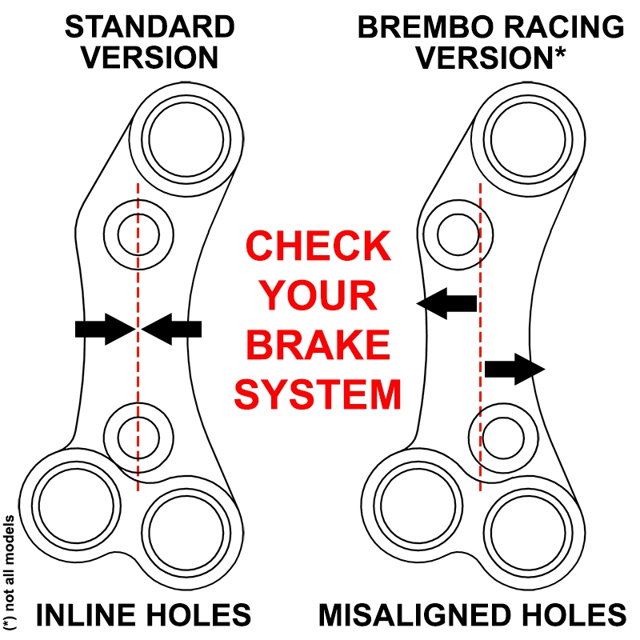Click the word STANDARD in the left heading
click(150, 26)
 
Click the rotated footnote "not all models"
click(10, 571)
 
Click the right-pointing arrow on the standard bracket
click(103, 328)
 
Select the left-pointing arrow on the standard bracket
click(174, 328)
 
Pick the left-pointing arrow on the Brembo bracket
click(447, 303)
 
